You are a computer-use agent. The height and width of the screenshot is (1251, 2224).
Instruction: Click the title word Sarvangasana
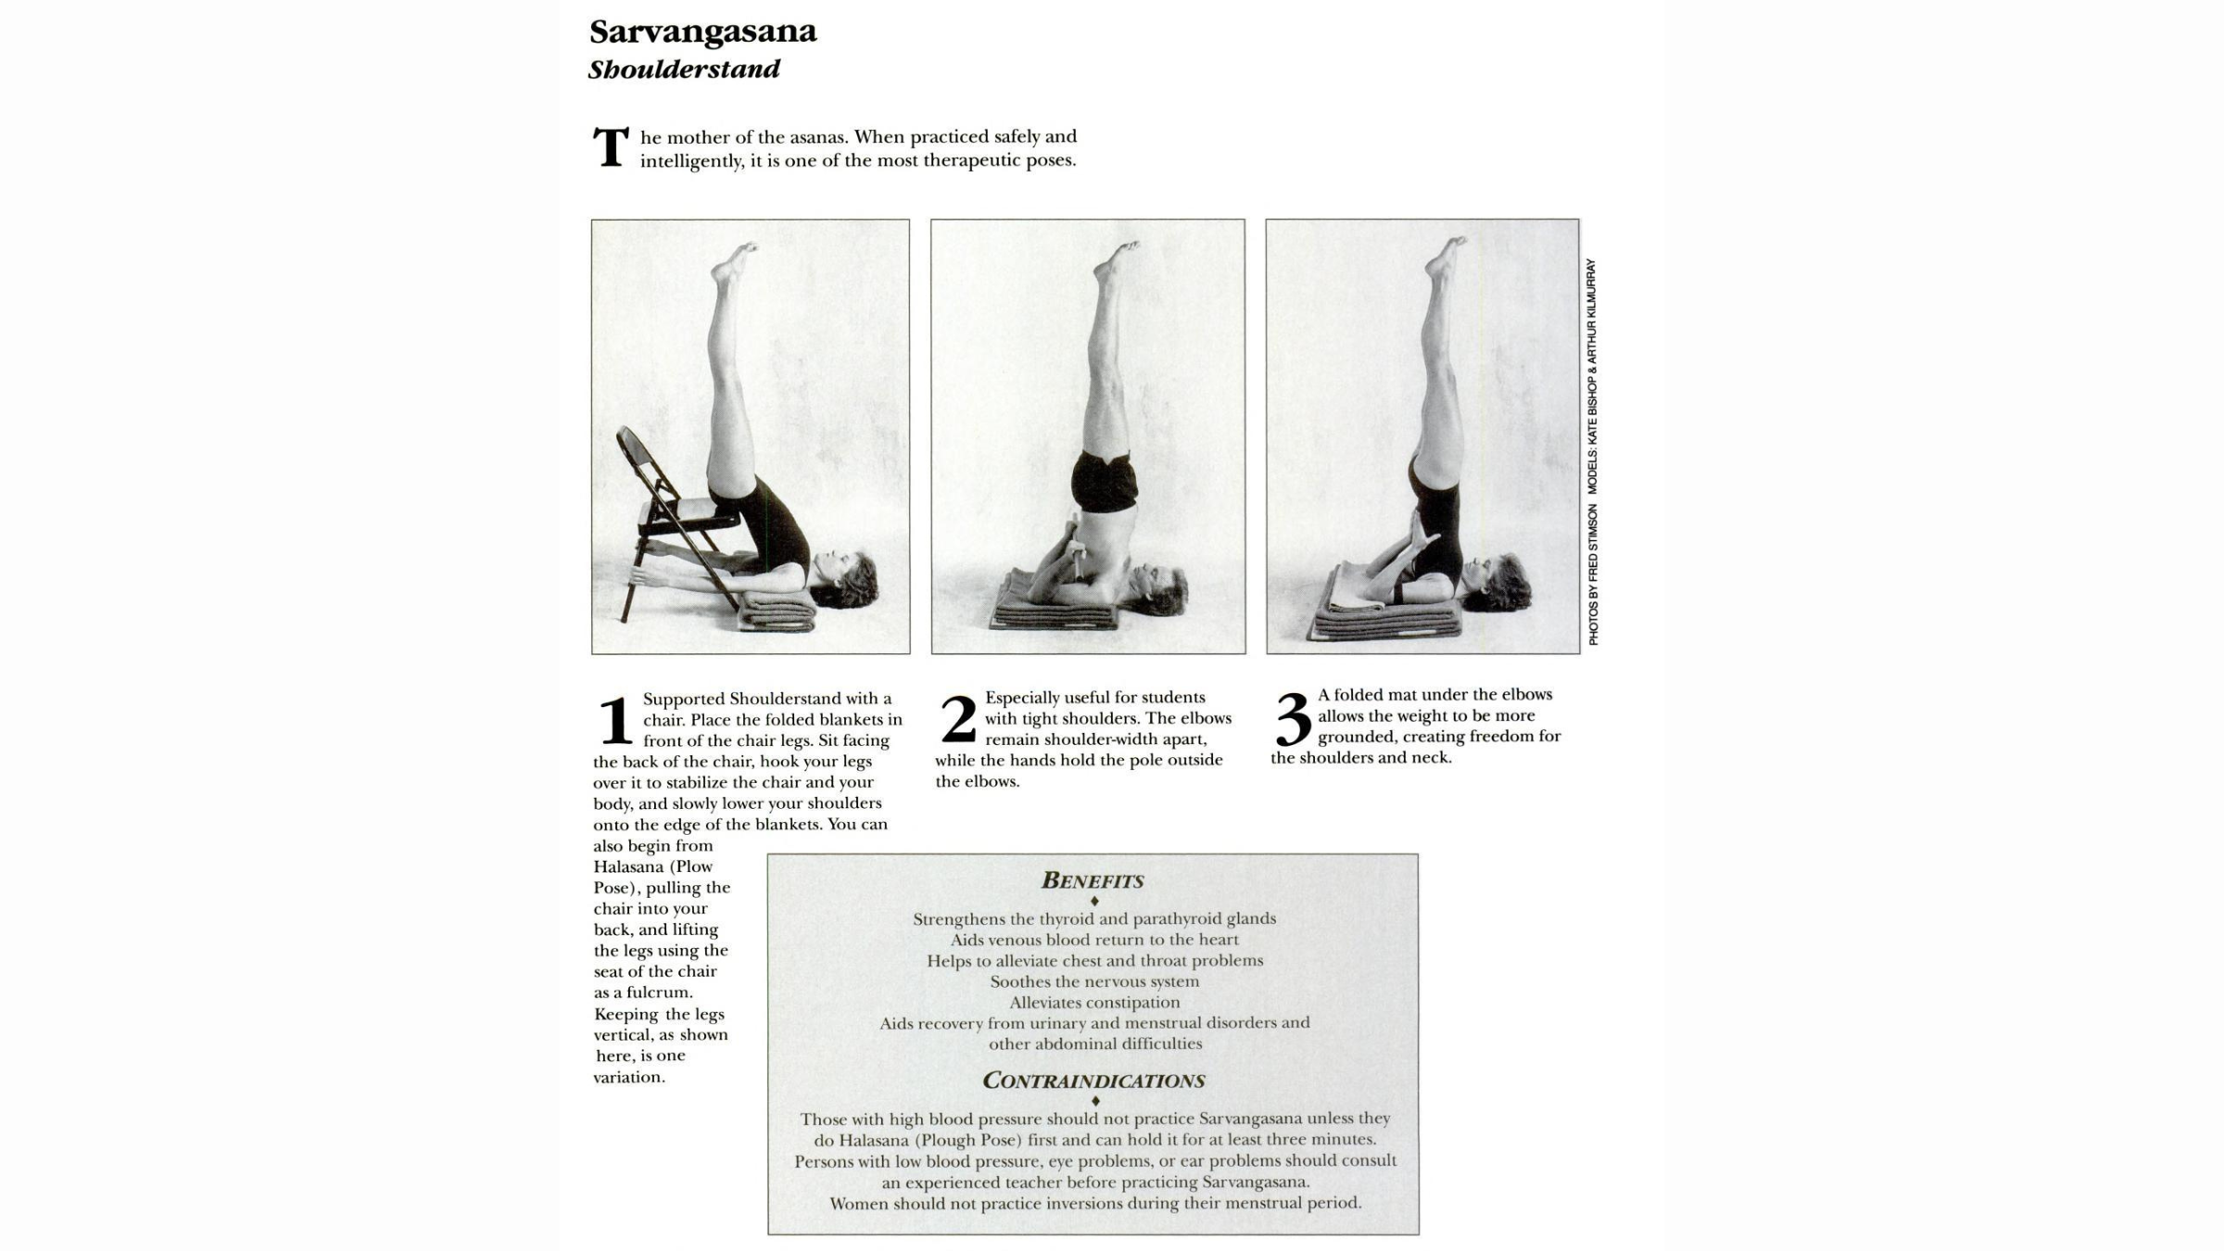(702, 32)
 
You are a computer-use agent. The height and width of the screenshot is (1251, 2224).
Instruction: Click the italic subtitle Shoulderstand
(684, 69)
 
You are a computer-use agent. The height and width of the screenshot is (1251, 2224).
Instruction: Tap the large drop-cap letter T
(611, 148)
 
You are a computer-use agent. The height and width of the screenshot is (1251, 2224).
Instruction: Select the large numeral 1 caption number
(614, 721)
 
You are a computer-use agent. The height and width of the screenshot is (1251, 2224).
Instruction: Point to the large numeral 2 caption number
(958, 719)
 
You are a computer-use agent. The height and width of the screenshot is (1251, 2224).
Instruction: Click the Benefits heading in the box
(1093, 880)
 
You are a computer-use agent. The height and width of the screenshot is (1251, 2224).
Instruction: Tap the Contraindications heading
(1093, 1080)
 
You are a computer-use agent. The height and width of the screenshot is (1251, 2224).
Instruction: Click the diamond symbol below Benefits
(1094, 901)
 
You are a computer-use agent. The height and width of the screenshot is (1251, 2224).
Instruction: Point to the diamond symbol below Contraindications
(1095, 1101)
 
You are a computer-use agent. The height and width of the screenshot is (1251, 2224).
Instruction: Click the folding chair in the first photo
(658, 519)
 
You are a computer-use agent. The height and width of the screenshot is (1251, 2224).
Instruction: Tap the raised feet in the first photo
(734, 263)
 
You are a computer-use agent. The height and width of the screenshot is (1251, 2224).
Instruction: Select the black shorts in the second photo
(1104, 481)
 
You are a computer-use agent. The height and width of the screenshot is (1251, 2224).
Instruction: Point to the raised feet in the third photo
(1445, 257)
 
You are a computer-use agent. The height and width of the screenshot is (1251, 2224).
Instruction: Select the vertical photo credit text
(1592, 451)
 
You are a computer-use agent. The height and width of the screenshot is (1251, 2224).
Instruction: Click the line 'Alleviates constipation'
(1094, 1002)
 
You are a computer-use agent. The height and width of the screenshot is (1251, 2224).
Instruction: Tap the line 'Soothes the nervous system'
(1094, 981)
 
